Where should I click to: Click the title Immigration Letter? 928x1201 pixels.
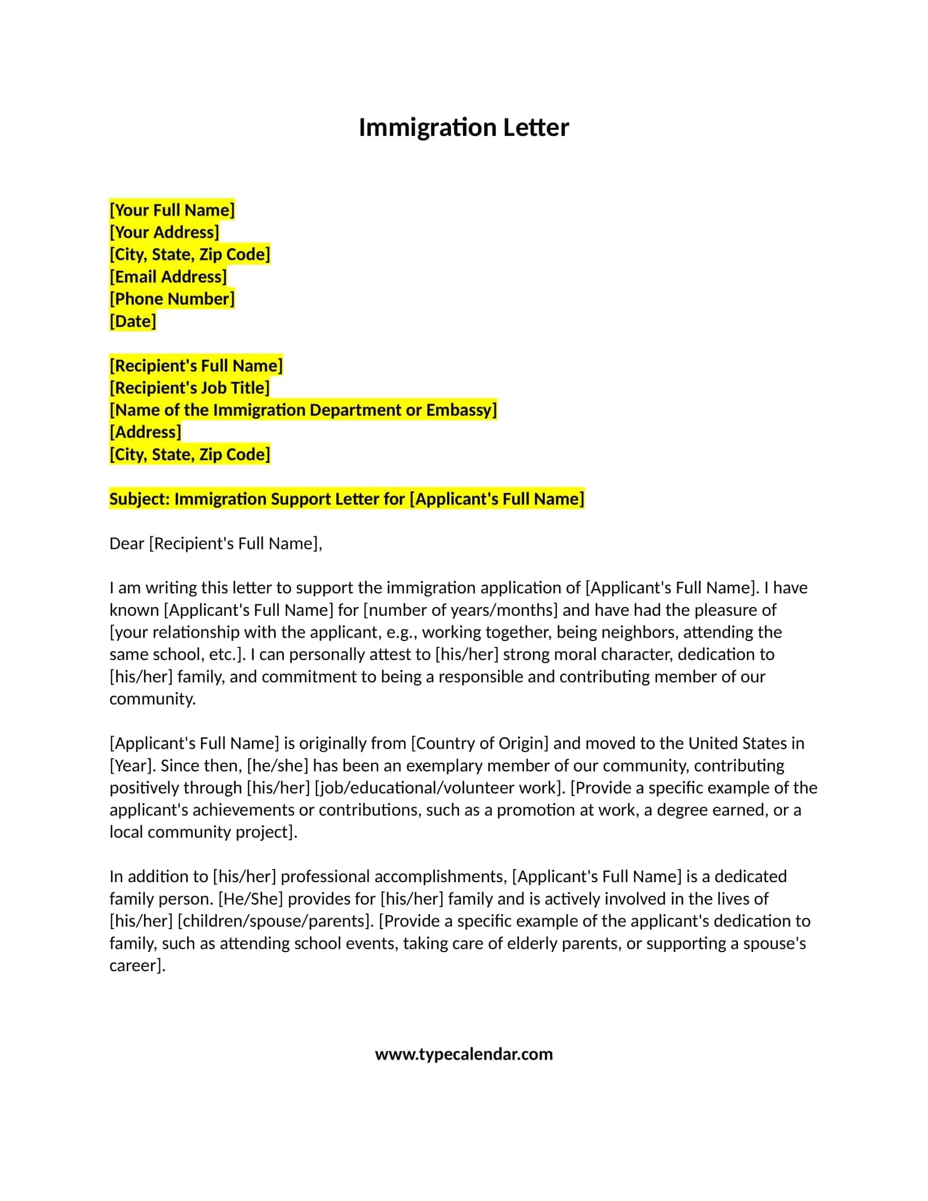point(463,128)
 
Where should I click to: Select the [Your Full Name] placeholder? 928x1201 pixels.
point(172,210)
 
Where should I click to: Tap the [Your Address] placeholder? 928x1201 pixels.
point(164,232)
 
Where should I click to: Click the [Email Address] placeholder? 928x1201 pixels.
point(168,277)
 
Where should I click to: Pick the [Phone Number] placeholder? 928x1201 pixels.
point(172,299)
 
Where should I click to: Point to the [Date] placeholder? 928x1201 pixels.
point(133,321)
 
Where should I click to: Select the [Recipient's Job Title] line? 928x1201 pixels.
point(189,388)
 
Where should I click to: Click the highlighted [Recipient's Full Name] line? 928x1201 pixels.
point(197,366)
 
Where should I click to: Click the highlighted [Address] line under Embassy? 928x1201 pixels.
point(145,432)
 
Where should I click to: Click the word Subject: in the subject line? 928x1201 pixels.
point(140,499)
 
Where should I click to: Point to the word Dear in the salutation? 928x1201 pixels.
point(127,543)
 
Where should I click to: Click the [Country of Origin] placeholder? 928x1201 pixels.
point(479,743)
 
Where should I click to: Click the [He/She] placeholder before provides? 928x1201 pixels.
point(251,899)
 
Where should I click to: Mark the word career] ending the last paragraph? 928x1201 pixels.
point(138,965)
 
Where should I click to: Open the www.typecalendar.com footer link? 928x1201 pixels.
point(463,1054)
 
